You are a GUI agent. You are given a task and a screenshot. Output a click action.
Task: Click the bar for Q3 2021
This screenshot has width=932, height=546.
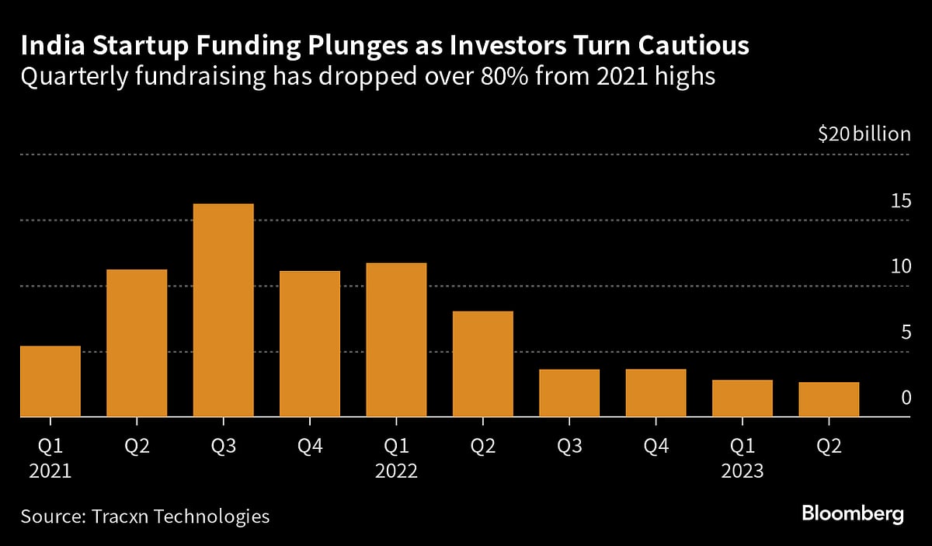(x=223, y=311)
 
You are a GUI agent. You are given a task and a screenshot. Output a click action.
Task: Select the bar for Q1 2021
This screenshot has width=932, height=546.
(x=50, y=381)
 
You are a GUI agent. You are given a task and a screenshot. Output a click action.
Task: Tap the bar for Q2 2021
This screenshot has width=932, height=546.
(x=137, y=343)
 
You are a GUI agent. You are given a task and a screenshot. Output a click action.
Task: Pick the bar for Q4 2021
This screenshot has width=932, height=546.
(x=310, y=344)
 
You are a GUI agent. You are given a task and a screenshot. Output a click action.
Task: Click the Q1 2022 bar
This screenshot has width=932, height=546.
(x=396, y=340)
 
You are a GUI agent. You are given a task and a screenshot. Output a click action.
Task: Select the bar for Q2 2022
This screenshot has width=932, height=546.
(x=482, y=364)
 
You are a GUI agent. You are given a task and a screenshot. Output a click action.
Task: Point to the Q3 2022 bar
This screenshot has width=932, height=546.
(x=569, y=393)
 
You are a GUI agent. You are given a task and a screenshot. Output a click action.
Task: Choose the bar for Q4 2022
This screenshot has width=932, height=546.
(x=656, y=393)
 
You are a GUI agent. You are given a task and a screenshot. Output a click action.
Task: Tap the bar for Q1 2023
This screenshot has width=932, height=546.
(x=742, y=398)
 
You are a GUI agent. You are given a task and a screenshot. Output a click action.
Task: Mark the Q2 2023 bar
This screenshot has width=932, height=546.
(x=829, y=399)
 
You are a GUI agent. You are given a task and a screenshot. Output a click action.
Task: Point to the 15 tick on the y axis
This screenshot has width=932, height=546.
(x=901, y=201)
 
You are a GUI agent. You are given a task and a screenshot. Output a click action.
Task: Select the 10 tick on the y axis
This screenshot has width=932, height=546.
(x=901, y=267)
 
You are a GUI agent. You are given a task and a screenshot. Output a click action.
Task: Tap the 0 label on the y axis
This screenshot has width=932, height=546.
(x=906, y=398)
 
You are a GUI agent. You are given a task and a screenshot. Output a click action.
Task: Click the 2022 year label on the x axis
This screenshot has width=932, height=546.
(x=396, y=471)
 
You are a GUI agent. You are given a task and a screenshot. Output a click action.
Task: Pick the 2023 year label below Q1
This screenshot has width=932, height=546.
(x=742, y=471)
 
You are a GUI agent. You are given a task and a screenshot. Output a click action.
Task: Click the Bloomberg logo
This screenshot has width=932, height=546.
(x=853, y=513)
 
